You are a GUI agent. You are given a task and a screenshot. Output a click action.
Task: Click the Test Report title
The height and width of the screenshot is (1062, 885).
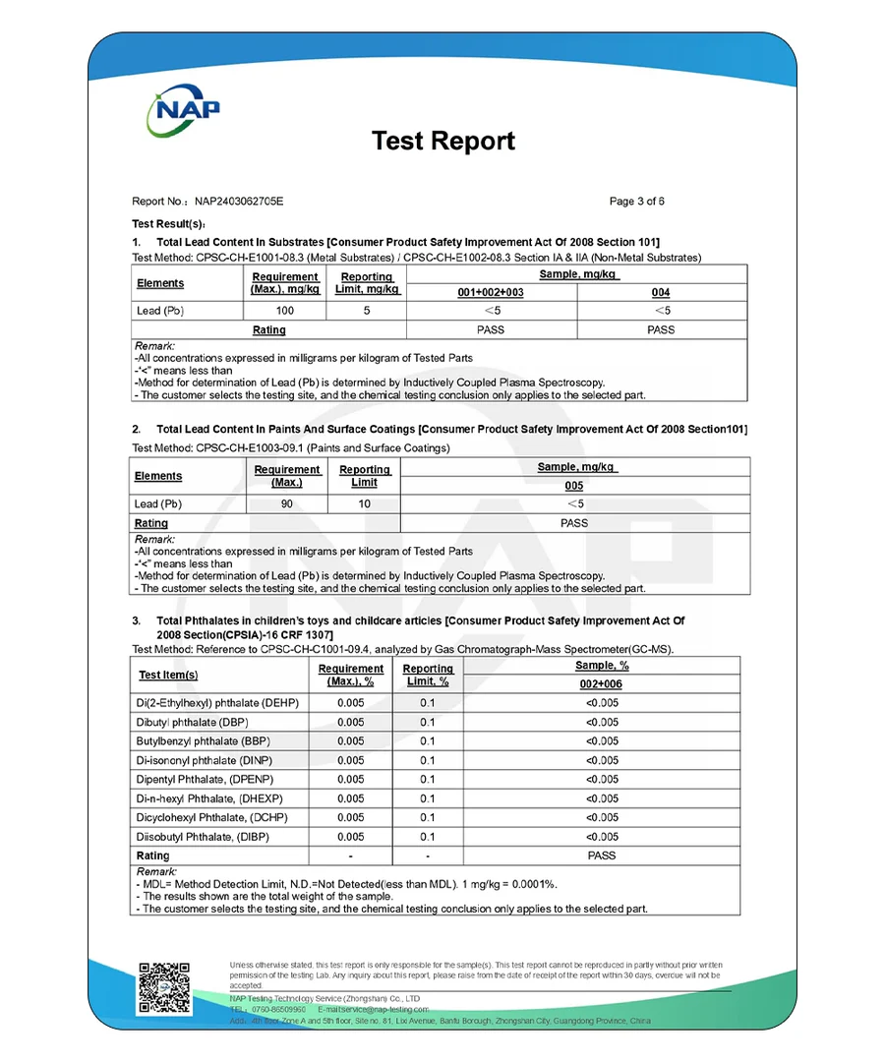442,141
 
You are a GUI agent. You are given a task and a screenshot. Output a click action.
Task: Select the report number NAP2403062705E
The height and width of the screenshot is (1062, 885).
238,202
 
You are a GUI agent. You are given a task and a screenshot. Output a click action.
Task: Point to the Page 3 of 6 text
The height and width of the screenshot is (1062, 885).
637,202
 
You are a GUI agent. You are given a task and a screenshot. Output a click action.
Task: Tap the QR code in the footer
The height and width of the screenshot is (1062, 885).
163,987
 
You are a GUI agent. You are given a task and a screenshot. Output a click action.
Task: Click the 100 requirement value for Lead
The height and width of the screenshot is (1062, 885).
284,311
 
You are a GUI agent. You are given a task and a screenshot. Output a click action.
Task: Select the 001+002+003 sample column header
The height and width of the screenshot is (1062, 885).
491,293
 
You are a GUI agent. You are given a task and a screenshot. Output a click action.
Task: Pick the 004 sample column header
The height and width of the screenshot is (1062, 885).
661,293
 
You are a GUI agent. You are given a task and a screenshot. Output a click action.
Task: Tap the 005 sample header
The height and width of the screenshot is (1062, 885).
574,486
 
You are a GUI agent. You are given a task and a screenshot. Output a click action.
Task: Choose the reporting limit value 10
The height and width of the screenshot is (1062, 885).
365,504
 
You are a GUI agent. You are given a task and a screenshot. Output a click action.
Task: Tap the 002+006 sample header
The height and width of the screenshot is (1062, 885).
601,684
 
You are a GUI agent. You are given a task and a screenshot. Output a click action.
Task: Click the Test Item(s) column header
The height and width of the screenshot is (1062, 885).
168,675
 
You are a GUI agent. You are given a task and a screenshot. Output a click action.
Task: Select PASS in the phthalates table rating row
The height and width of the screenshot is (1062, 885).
601,855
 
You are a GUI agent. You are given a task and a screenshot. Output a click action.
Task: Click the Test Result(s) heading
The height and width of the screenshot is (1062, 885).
168,224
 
